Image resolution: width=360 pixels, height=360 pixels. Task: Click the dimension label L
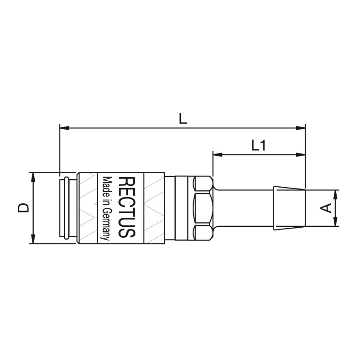pos(183,119)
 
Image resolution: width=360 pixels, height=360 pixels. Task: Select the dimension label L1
pos(258,145)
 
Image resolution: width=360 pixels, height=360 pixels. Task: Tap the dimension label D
pos(23,208)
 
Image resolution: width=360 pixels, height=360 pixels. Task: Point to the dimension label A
pos(326,208)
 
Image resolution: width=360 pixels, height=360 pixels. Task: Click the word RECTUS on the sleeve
pos(126,207)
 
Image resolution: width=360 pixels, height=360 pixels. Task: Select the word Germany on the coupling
pos(107,224)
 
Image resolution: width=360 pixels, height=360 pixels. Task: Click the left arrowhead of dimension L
pos(64,128)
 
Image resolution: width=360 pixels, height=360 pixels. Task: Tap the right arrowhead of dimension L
pos(301,128)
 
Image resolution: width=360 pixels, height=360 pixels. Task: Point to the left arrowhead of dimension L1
pos(218,155)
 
